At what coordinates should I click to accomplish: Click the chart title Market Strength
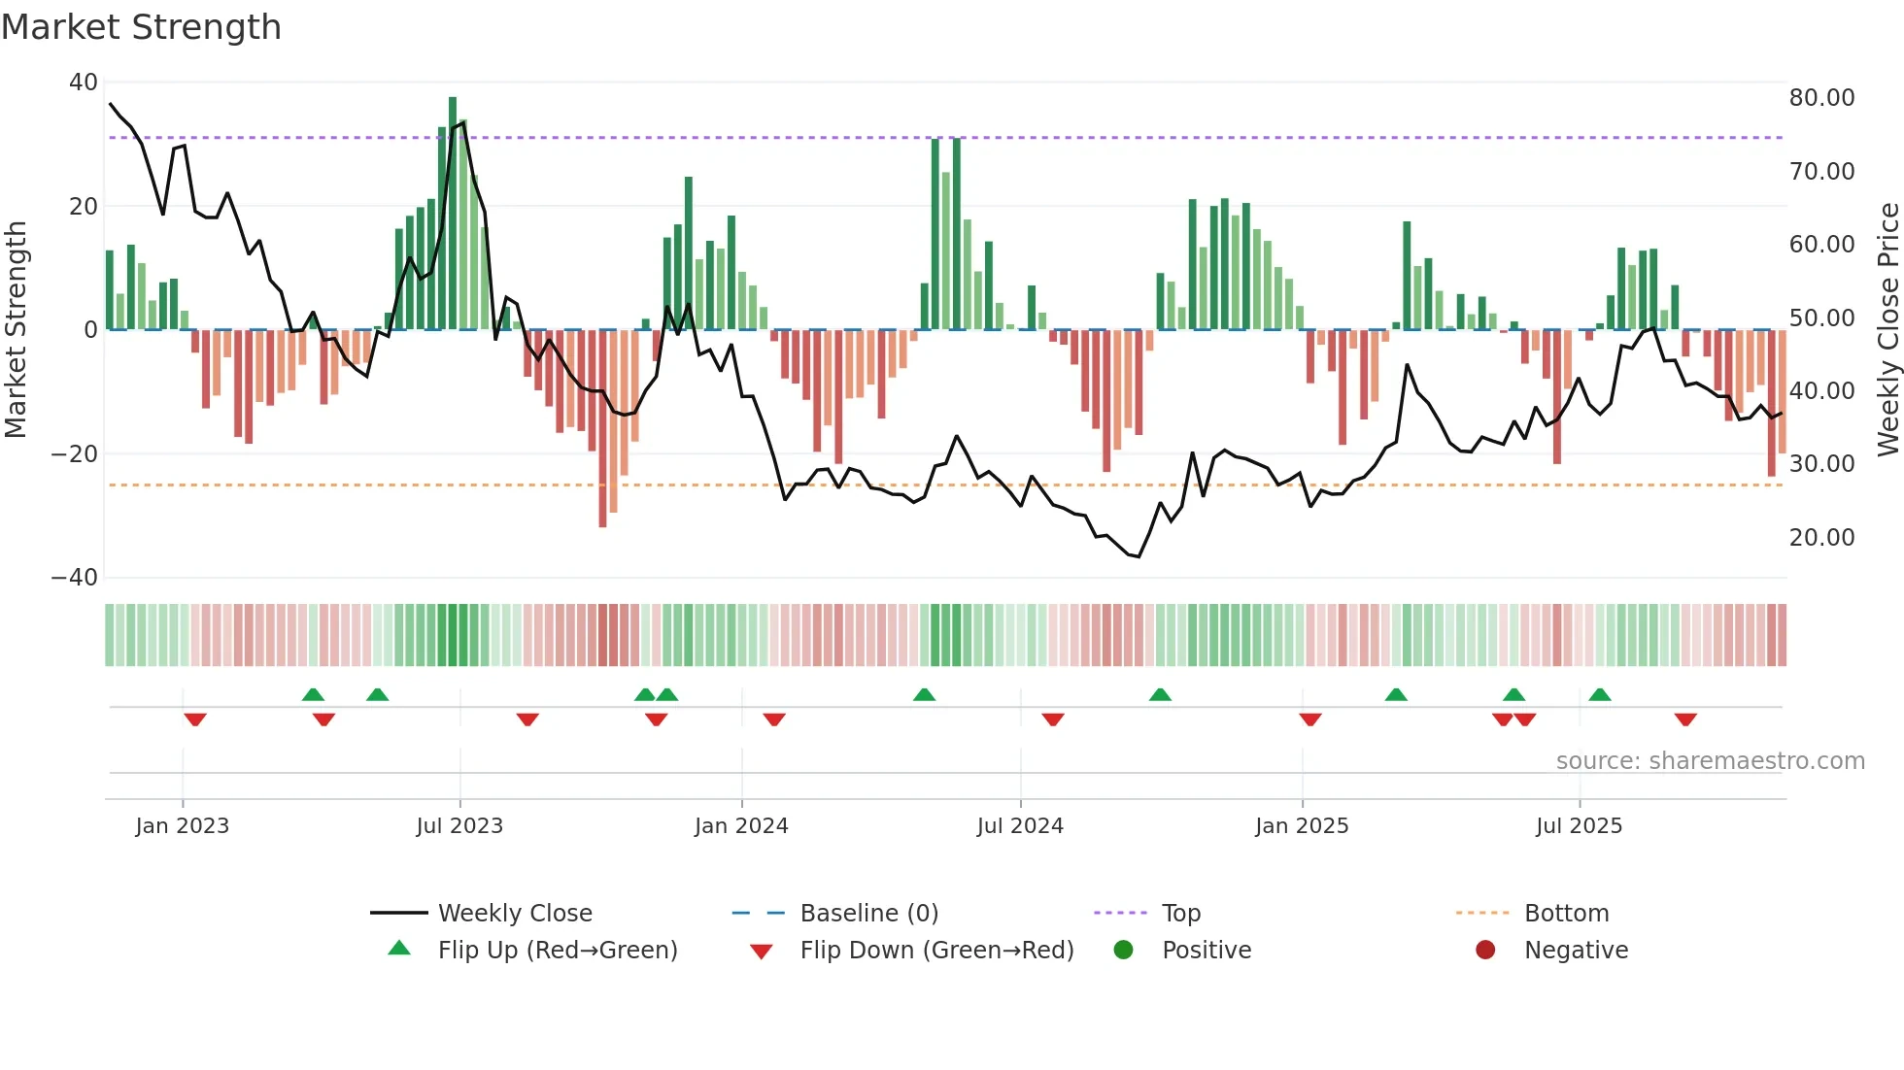[141, 27]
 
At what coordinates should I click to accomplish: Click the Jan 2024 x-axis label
[741, 826]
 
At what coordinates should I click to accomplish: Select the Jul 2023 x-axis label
[459, 826]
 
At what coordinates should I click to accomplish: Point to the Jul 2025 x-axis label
[1579, 826]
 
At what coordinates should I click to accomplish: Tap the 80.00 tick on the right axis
[1821, 98]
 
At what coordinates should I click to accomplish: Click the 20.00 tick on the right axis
[1821, 538]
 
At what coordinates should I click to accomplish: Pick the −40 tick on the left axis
[75, 578]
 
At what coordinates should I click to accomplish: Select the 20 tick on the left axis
[84, 206]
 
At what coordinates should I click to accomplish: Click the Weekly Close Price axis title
[1888, 330]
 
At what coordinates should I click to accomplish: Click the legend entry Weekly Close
[514, 914]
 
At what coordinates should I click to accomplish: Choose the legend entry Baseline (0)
[868, 914]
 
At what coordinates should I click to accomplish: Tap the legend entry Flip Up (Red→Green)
[557, 951]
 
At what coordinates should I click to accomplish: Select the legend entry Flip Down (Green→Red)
[936, 951]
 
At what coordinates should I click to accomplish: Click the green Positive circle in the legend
[1124, 951]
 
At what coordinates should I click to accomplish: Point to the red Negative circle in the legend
[1485, 951]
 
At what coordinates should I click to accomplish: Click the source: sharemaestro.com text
[1710, 761]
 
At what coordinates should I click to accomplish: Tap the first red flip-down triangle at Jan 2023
[195, 719]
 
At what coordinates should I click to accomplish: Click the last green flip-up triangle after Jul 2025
[1600, 694]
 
